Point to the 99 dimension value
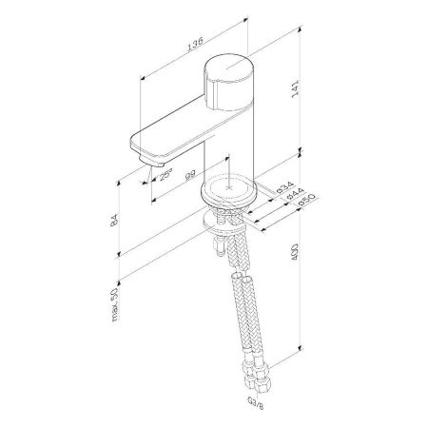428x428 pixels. click(190, 172)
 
